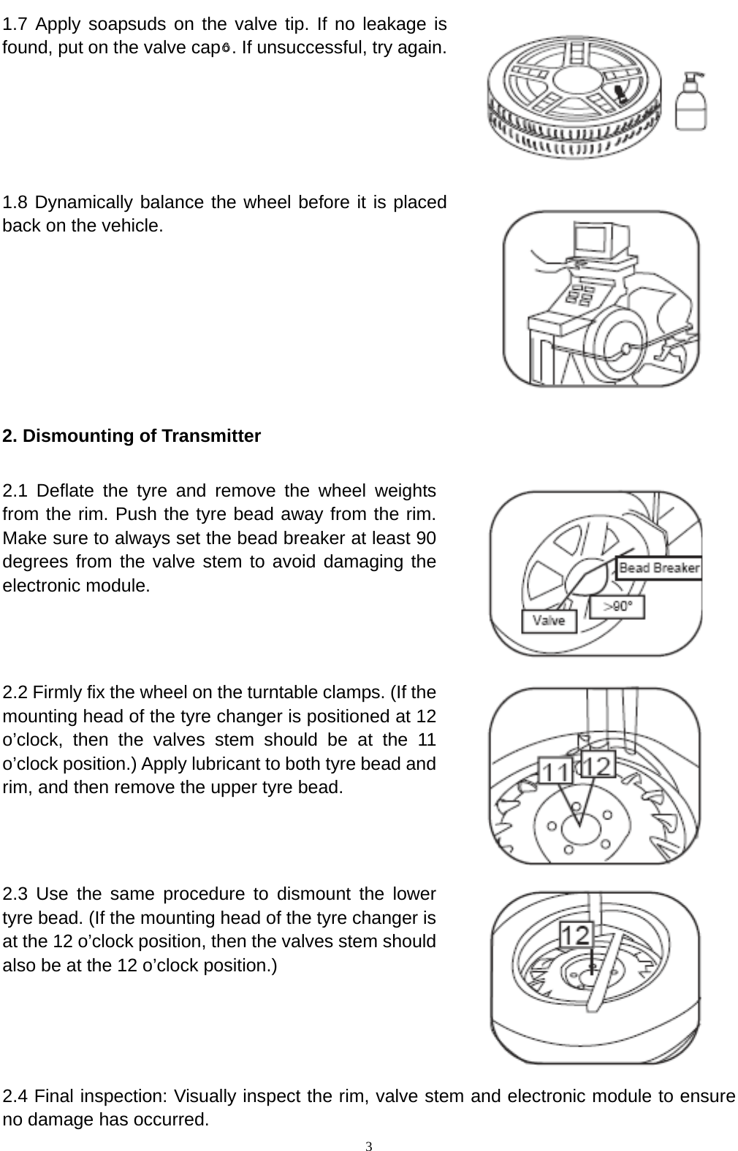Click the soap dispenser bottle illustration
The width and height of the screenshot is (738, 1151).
(x=690, y=103)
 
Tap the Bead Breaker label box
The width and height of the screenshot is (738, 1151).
(x=659, y=568)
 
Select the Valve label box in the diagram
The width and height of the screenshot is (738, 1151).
(x=549, y=621)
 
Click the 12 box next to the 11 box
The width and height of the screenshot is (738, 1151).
(x=599, y=765)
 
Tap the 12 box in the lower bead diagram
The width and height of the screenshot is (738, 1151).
(x=577, y=935)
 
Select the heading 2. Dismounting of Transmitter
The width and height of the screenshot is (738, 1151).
(x=132, y=437)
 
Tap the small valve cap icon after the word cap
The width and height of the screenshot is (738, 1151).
(x=227, y=49)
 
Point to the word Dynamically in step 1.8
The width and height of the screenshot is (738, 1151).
(x=80, y=202)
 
